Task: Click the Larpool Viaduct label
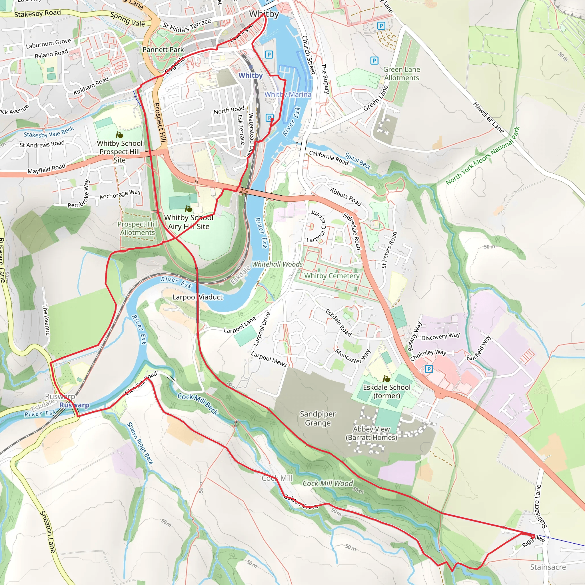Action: pos(197,297)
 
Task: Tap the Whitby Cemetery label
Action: pos(332,276)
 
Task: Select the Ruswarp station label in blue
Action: pos(74,405)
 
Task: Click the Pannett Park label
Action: pos(163,49)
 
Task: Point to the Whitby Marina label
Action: pos(288,95)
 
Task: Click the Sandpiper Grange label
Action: pos(318,418)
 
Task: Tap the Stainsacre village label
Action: pos(548,567)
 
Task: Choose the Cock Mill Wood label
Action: pos(328,483)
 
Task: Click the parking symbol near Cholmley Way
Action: pos(429,369)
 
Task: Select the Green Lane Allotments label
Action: pos(402,74)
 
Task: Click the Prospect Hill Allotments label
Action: pos(137,228)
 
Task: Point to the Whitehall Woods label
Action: pos(277,264)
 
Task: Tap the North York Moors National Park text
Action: pos(483,156)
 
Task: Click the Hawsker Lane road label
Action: pos(488,118)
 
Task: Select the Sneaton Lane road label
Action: pos(48,532)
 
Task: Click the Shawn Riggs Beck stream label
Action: pos(140,443)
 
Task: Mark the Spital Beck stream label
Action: pos(358,161)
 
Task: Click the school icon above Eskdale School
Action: pos(386,379)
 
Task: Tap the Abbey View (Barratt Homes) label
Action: pos(371,433)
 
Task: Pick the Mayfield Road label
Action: pos(46,169)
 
